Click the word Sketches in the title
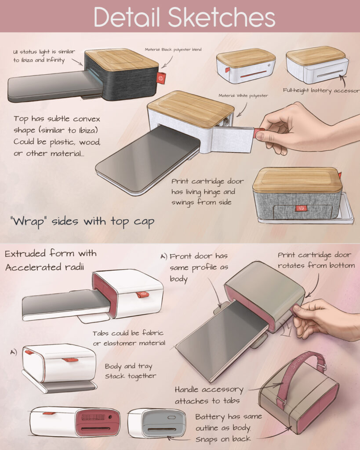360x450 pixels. [x=222, y=17]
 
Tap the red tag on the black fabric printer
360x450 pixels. [x=161, y=78]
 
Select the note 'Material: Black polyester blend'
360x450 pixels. [x=173, y=49]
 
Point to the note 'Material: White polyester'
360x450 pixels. [x=243, y=95]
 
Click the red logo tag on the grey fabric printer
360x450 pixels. [x=301, y=208]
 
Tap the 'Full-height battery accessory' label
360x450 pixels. [x=321, y=91]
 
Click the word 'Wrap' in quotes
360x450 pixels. [x=28, y=221]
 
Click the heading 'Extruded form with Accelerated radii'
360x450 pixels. [x=51, y=260]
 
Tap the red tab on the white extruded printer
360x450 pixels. [x=143, y=294]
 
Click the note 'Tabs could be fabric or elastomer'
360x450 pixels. [x=129, y=338]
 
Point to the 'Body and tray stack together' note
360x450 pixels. [x=131, y=371]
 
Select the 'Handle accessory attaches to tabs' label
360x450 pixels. [x=209, y=395]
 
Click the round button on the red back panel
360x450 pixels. [x=110, y=417]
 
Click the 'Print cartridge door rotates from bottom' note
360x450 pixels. [x=316, y=260]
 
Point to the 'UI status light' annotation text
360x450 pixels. [x=44, y=56]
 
